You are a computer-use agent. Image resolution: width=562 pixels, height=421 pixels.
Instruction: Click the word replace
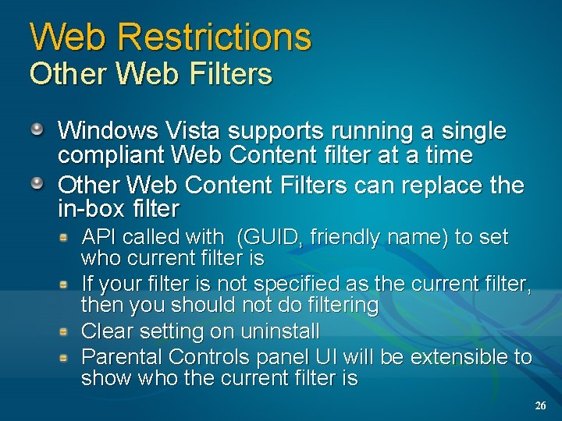click(x=441, y=186)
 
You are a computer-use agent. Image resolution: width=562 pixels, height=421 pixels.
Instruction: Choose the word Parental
click(x=122, y=357)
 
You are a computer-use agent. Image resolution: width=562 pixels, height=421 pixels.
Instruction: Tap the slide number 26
click(x=541, y=406)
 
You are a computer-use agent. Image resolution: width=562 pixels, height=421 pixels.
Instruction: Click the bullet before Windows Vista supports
click(x=37, y=129)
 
